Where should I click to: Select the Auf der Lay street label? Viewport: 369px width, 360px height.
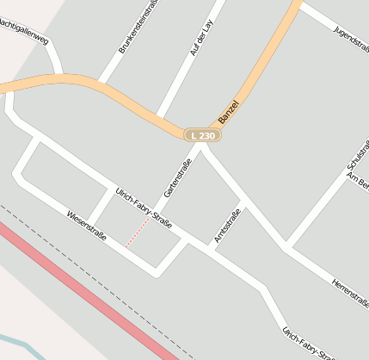(199, 40)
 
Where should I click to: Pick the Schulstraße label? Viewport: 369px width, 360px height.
(357, 154)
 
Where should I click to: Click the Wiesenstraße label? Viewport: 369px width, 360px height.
(86, 225)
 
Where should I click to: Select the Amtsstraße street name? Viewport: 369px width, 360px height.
(227, 225)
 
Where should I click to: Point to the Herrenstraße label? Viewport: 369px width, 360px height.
(351, 292)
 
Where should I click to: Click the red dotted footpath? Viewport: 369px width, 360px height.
(138, 232)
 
